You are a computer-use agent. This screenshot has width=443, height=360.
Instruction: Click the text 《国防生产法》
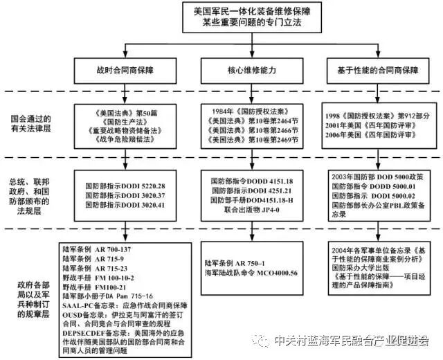pyautogui.click(x=125, y=119)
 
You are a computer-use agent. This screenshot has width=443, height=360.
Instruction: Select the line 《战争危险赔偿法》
pyautogui.click(x=125, y=139)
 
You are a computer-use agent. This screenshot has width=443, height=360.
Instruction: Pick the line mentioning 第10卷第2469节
pyautogui.click(x=250, y=139)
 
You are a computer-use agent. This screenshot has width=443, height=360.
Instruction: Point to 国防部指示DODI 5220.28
pyautogui.click(x=125, y=186)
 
